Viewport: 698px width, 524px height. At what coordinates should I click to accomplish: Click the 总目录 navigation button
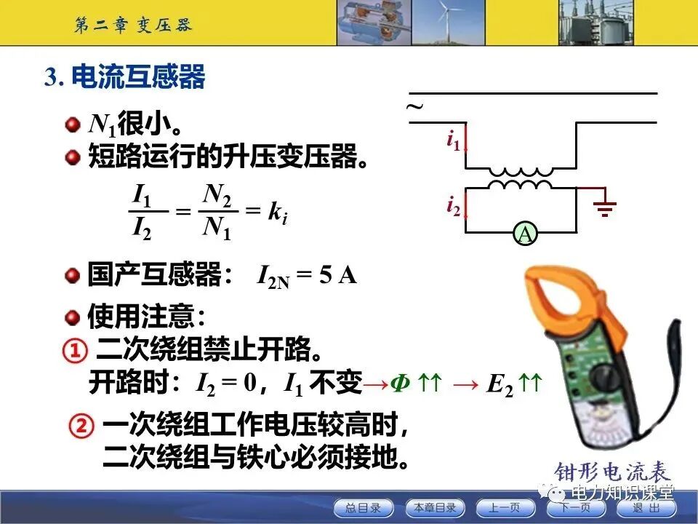pos(363,507)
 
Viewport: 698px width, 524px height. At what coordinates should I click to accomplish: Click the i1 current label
pos(453,139)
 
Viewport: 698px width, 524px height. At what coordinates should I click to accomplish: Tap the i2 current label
pos(453,206)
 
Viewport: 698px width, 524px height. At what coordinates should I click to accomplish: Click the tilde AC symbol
pos(414,107)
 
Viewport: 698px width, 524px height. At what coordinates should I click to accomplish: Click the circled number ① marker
pos(76,352)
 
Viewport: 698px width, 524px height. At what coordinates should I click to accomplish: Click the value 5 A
pos(339,276)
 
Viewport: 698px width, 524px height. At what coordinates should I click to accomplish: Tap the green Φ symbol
pos(399,383)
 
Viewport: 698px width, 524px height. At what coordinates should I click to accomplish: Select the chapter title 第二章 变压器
pos(134,25)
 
